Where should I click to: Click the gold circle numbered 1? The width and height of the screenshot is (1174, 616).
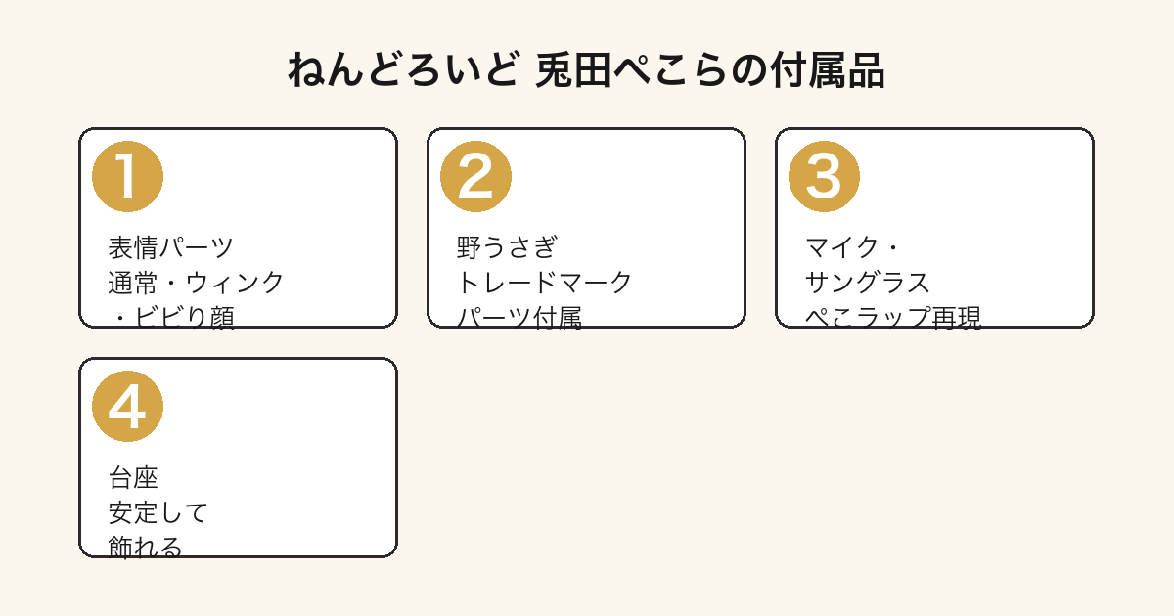[x=127, y=177]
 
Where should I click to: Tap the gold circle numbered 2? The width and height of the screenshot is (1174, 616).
[x=475, y=177]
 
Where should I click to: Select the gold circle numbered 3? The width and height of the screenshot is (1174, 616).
[x=824, y=177]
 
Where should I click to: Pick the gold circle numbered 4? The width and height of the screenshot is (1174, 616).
[x=127, y=407]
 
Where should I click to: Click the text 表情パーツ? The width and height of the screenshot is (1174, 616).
[x=170, y=247]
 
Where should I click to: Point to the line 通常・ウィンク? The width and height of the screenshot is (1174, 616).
[x=196, y=283]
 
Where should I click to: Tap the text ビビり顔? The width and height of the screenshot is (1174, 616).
[x=185, y=318]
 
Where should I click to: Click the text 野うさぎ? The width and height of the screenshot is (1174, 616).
[x=507, y=247]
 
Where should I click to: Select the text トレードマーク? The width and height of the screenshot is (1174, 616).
[x=544, y=283]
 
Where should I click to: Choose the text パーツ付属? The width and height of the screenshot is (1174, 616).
[x=519, y=318]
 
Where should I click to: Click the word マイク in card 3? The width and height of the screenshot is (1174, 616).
[x=841, y=247]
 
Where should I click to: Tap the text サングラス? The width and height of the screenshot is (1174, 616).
[x=868, y=283]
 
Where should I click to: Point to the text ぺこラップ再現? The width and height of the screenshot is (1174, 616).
[x=892, y=318]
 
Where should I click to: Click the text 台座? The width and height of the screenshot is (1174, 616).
[x=133, y=478]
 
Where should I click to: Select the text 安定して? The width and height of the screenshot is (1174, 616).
[x=158, y=512]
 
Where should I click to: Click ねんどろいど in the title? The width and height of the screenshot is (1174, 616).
[x=404, y=69]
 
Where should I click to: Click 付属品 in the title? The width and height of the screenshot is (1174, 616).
[x=828, y=69]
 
